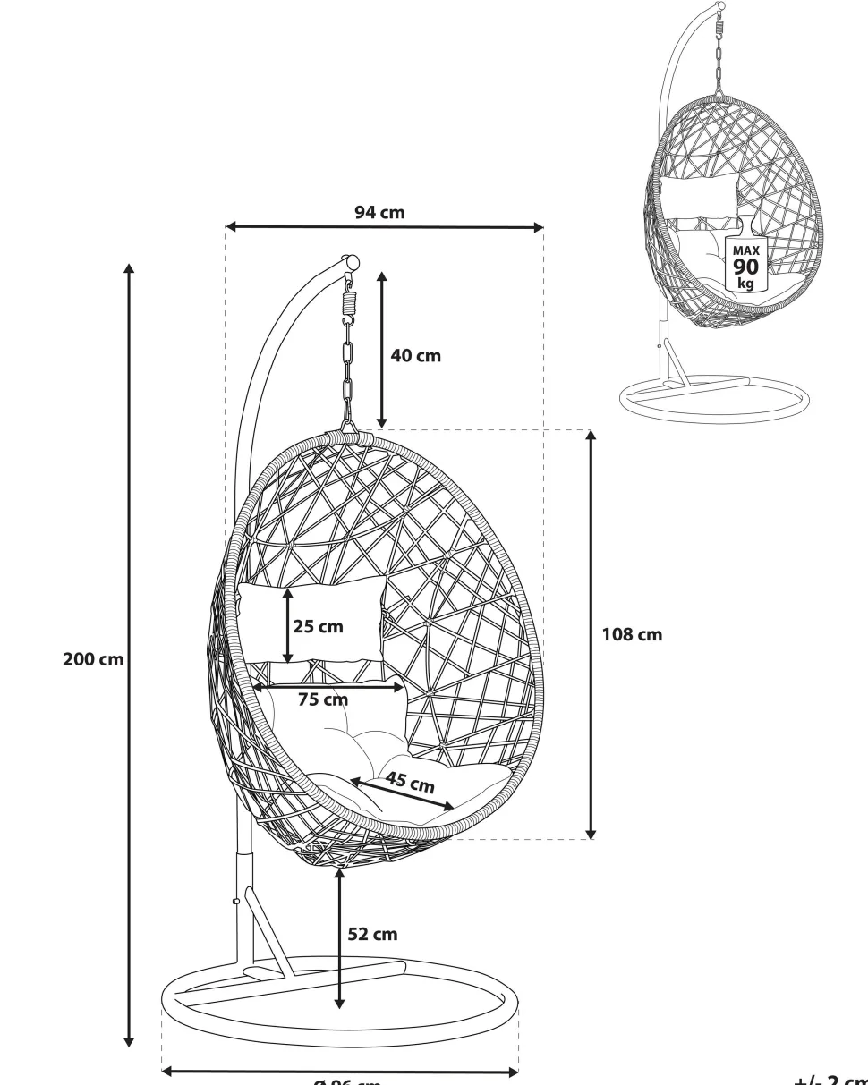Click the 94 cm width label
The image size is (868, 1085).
379,212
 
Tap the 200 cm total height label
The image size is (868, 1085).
93,660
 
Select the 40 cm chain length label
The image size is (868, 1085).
416,355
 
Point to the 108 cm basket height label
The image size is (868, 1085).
632,634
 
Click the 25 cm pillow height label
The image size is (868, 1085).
319,626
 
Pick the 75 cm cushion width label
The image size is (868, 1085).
323,699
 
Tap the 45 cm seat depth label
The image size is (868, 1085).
410,783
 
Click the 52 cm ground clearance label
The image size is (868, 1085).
372,934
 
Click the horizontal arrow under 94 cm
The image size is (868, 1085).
385,227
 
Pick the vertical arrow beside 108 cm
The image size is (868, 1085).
591,634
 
